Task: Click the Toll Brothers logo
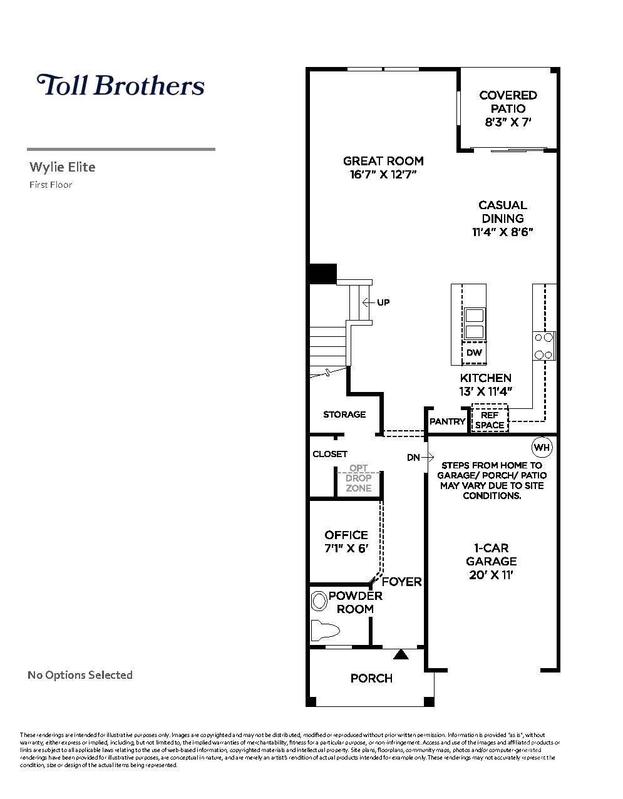[x=120, y=85]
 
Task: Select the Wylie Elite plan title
[x=63, y=167]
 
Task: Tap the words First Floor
[x=51, y=185]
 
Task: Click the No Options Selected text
[x=80, y=675]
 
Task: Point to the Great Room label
[x=383, y=161]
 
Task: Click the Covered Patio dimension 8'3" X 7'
[x=508, y=122]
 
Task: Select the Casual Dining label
[x=503, y=212]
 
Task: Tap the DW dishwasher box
[x=474, y=353]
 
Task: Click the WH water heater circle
[x=542, y=448]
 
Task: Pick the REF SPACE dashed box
[x=490, y=420]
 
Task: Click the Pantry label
[x=447, y=421]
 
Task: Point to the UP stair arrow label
[x=383, y=302]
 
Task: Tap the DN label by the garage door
[x=413, y=458]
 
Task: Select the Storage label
[x=344, y=415]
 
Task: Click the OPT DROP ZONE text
[x=359, y=478]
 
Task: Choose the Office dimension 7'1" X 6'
[x=346, y=549]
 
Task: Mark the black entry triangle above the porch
[x=401, y=655]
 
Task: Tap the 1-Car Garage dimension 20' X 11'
[x=491, y=575]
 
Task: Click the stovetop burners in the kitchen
[x=543, y=346]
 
